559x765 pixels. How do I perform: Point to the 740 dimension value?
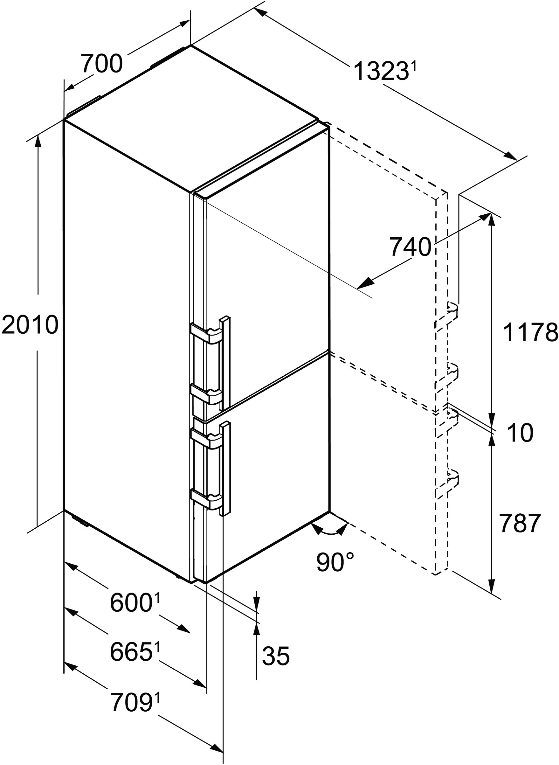pyautogui.click(x=411, y=247)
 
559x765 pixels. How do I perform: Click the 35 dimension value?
pyautogui.click(x=276, y=656)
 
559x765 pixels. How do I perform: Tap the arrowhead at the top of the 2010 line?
pyautogui.click(x=38, y=142)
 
